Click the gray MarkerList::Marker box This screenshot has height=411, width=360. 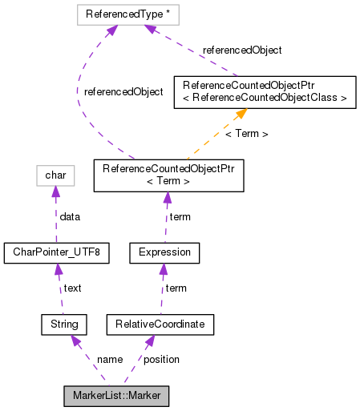pyautogui.click(x=117, y=396)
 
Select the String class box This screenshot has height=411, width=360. pyautogui.click(x=63, y=324)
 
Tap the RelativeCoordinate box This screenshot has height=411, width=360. pyautogui.click(x=160, y=324)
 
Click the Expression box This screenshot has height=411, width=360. pyautogui.click(x=164, y=253)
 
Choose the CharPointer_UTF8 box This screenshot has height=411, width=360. pyautogui.click(x=56, y=253)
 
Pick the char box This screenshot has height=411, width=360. pyautogui.click(x=55, y=174)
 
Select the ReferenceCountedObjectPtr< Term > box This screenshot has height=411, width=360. pyautogui.click(x=168, y=175)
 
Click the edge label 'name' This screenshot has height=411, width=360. pyautogui.click(x=109, y=359)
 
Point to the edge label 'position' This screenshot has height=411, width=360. pyautogui.click(x=161, y=359)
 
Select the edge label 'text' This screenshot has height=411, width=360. pyautogui.click(x=72, y=288)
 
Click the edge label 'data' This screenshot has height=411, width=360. pyautogui.click(x=71, y=216)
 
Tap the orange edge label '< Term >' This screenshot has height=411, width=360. pyautogui.click(x=246, y=133)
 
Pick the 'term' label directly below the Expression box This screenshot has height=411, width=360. pyautogui.click(x=176, y=288)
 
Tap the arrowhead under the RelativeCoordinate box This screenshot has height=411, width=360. pyautogui.click(x=149, y=340)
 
